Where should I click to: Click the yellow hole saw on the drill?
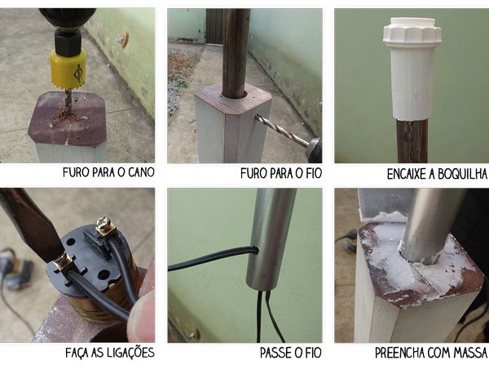pos(68,69)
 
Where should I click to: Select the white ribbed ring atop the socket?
pos(412,32)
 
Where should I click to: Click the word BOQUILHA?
pos(462,174)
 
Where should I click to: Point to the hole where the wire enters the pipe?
pos(255,250)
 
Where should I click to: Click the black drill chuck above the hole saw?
pos(68,42)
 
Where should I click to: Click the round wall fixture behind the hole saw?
pos(123,39)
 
